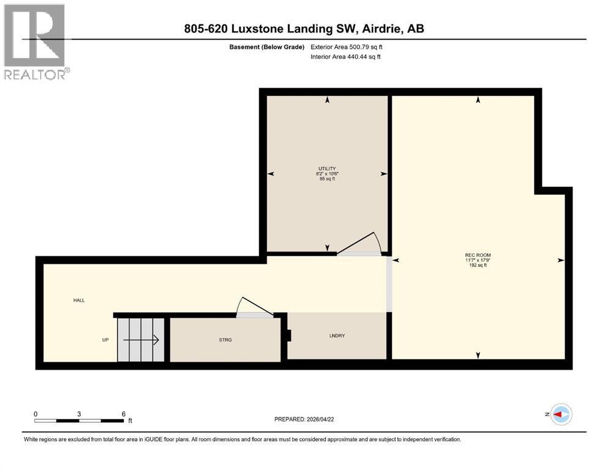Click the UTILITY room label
click(327, 168)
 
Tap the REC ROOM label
click(478, 255)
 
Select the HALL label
click(79, 300)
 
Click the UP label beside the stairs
click(106, 340)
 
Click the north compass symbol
click(560, 414)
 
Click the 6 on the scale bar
click(123, 414)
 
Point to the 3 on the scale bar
click(79, 414)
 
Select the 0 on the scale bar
click(36, 414)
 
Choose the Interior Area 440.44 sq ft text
click(346, 57)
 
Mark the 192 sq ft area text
click(478, 266)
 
